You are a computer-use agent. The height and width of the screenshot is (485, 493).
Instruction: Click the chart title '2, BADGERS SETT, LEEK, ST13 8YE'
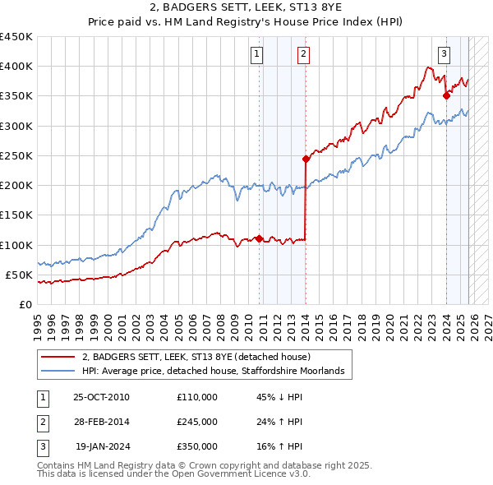(x=246, y=7)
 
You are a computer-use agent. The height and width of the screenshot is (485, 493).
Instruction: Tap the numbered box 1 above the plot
(x=257, y=54)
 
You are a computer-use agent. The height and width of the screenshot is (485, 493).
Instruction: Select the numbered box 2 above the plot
(x=303, y=54)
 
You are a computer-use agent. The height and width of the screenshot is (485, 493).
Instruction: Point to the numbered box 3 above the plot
(x=444, y=54)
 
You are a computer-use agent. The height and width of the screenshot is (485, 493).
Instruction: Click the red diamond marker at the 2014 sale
(x=306, y=159)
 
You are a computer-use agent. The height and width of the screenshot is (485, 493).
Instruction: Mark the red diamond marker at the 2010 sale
(x=259, y=238)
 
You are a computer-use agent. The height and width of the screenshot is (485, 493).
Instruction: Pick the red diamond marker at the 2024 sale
(x=446, y=95)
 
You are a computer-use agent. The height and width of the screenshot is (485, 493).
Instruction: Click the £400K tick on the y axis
(x=16, y=67)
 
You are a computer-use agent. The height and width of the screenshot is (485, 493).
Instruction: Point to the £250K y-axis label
(x=16, y=155)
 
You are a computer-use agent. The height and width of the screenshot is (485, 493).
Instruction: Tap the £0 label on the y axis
(x=25, y=304)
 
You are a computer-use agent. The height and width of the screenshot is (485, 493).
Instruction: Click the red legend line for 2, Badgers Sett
(x=58, y=358)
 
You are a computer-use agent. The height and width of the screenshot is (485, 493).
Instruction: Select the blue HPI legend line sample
(x=58, y=372)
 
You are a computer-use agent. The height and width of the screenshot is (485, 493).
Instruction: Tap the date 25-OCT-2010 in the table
(x=101, y=397)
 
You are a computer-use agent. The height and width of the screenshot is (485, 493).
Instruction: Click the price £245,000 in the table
(x=196, y=422)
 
